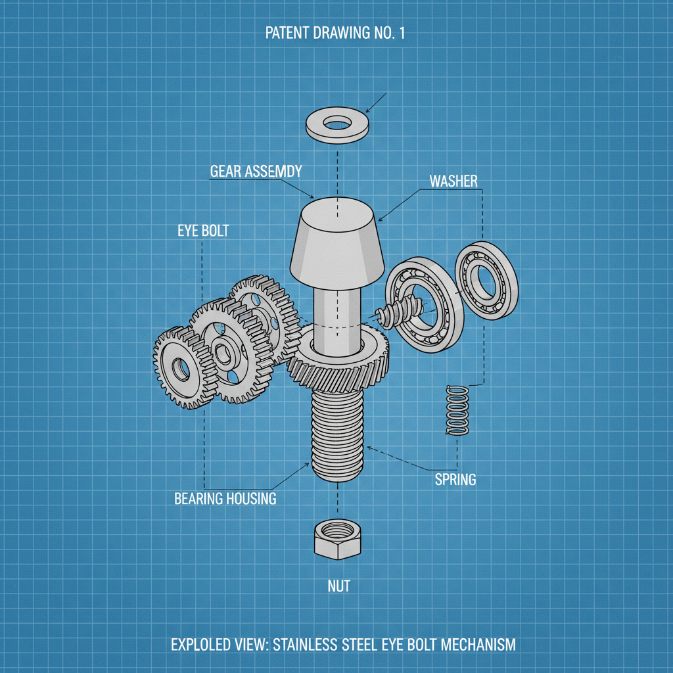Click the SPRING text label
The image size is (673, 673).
pyautogui.click(x=455, y=479)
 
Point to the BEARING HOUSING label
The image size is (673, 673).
pyautogui.click(x=225, y=499)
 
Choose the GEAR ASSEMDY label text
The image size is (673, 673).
pyautogui.click(x=256, y=172)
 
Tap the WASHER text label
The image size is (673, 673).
pyautogui.click(x=453, y=181)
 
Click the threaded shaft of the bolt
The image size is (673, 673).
pyautogui.click(x=337, y=434)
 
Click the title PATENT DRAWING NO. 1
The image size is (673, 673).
pyautogui.click(x=335, y=34)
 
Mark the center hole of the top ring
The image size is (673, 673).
pyautogui.click(x=337, y=123)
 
